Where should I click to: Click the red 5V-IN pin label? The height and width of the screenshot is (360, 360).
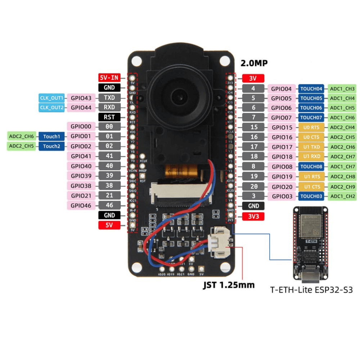(x=109, y=77)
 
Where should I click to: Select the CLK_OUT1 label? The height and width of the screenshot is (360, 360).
(x=51, y=98)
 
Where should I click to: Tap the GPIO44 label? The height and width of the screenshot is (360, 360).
(x=81, y=107)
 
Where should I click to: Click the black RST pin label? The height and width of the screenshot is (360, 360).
(x=109, y=117)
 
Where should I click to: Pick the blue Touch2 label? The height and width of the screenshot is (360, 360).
(x=51, y=146)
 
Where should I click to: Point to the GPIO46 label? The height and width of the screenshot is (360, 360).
(x=81, y=206)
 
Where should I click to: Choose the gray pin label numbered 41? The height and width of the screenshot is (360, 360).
(x=109, y=156)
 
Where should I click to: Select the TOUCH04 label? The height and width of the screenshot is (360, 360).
(x=311, y=89)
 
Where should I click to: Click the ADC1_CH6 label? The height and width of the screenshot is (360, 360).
(x=342, y=117)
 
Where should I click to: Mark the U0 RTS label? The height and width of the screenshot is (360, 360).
(x=311, y=127)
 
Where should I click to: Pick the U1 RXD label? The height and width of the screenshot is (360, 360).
(x=311, y=157)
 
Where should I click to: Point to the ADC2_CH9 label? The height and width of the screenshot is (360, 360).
(x=342, y=186)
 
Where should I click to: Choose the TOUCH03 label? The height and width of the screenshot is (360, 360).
(x=311, y=196)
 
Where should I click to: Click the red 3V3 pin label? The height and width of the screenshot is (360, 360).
(x=253, y=216)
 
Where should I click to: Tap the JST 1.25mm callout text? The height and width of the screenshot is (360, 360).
(x=229, y=285)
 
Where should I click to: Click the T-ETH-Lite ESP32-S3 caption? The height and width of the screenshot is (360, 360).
(x=311, y=290)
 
